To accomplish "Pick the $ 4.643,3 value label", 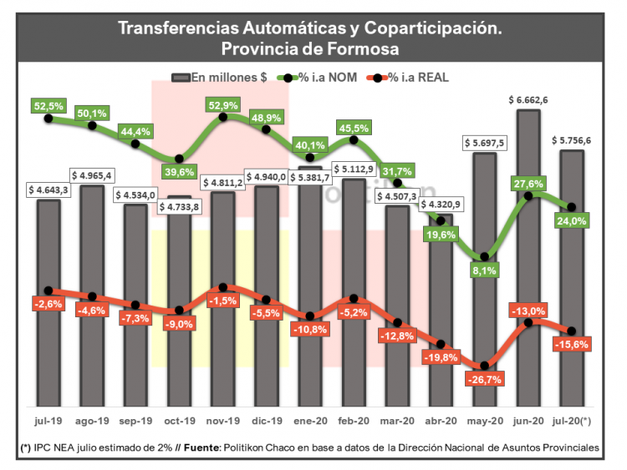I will [48, 190].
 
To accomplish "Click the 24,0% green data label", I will [572, 221].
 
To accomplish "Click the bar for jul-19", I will [48, 301].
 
